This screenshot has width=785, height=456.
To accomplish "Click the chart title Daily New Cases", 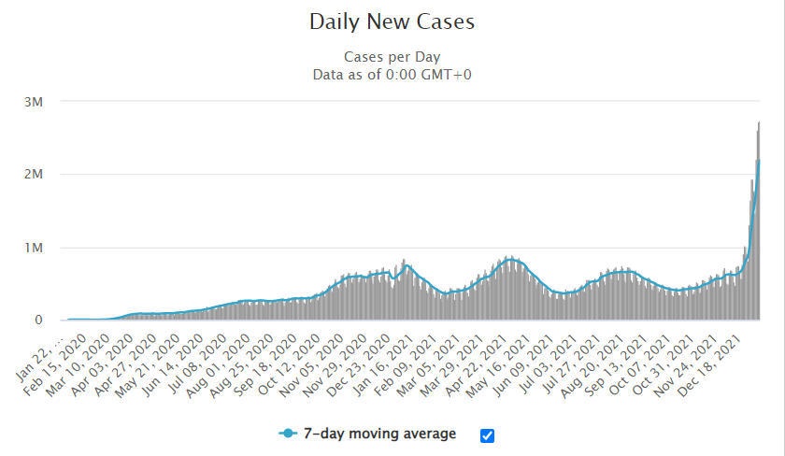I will click(392, 21).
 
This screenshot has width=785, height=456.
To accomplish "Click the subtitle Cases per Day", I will click(392, 56).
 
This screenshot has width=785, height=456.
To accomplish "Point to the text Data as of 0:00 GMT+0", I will click(392, 74).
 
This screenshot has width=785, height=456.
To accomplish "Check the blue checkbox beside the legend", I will click(487, 435).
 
